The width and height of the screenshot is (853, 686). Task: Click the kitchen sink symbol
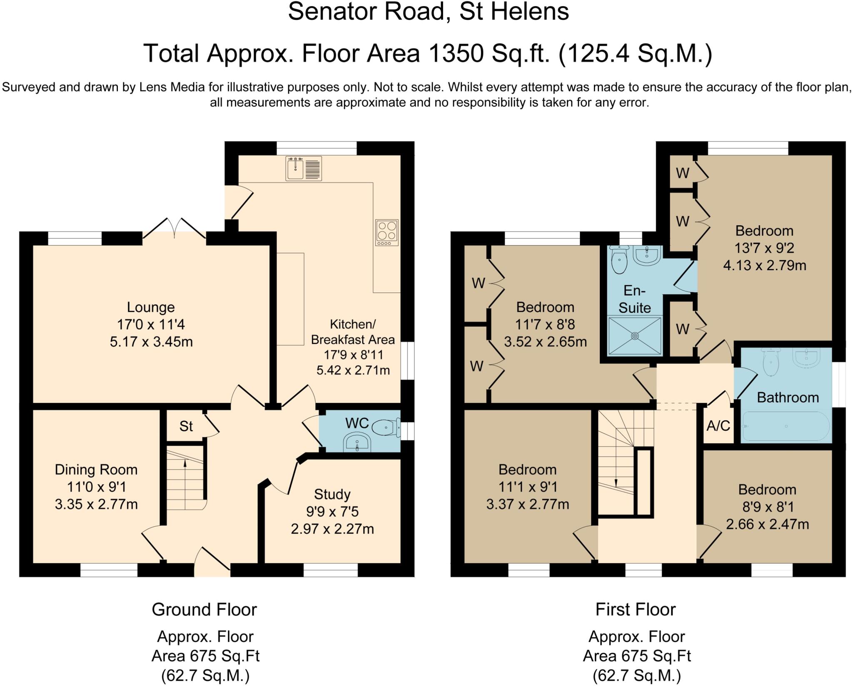(x=304, y=168)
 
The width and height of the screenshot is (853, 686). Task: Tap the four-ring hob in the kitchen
(x=387, y=232)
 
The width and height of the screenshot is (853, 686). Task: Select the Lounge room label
(x=151, y=307)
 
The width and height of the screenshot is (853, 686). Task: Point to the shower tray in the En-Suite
(x=635, y=336)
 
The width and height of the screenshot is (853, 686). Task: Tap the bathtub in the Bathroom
(x=786, y=426)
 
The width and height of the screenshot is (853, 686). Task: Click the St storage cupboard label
(x=186, y=426)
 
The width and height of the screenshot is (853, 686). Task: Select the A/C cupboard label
(x=718, y=425)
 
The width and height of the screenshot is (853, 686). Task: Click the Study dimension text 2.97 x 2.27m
(x=332, y=529)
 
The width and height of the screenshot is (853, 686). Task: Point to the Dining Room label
(x=96, y=470)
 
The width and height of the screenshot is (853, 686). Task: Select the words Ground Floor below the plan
(x=205, y=609)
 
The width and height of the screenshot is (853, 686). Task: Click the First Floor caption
(x=636, y=609)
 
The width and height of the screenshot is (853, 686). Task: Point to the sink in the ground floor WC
(x=357, y=442)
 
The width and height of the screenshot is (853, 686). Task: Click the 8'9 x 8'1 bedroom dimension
(x=768, y=507)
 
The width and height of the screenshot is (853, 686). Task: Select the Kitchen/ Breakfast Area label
(x=353, y=332)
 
